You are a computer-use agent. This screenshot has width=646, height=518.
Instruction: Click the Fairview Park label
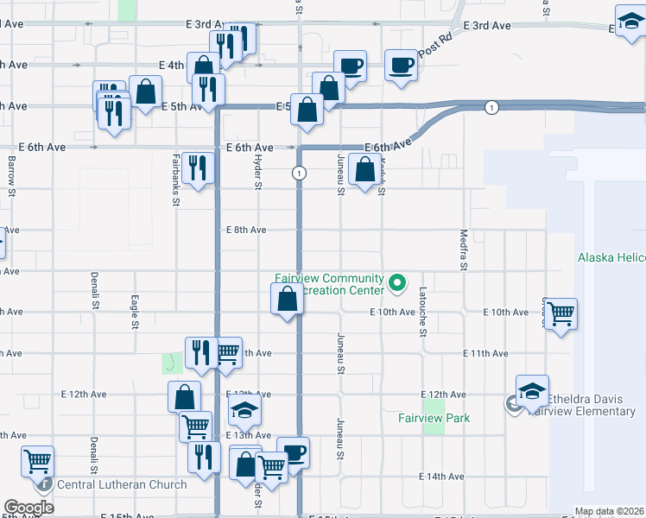[434, 419]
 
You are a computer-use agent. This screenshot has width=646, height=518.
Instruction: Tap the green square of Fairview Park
[434, 404]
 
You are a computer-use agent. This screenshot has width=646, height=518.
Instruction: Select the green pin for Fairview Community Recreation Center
[397, 281]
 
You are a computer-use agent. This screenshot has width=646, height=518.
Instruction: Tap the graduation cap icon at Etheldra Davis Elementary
[532, 390]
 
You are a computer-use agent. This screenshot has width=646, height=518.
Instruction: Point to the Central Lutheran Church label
[122, 484]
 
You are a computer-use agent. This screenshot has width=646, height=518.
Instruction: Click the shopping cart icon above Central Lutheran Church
[37, 461]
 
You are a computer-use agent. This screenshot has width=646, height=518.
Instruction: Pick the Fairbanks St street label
[175, 179]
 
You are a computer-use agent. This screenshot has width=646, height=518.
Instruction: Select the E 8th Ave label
[246, 230]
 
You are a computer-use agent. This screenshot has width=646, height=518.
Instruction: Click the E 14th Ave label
[441, 477]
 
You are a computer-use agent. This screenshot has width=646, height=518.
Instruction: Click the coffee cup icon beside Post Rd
[401, 66]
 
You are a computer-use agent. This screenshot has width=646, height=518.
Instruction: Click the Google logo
[29, 507]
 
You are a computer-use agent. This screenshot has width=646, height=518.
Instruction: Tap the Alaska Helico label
[611, 258]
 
